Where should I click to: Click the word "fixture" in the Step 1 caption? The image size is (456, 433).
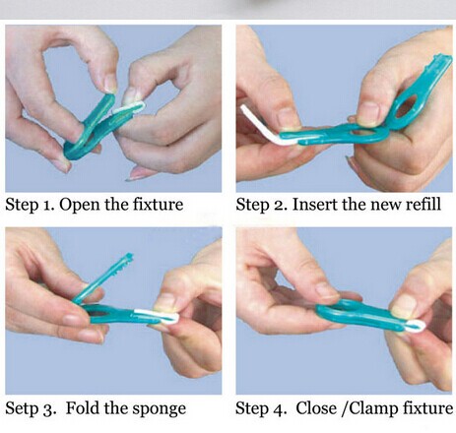pos(158,205)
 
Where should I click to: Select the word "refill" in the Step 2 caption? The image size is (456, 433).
pos(423,204)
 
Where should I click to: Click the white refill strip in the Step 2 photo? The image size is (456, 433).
pos(263,126)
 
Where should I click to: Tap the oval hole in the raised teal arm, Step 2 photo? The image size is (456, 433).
pos(407,106)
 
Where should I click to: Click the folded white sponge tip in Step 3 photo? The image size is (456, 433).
pos(159,316)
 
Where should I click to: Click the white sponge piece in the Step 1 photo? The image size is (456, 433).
pos(129,107)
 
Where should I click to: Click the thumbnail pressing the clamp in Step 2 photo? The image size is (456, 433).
pos(368,113)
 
